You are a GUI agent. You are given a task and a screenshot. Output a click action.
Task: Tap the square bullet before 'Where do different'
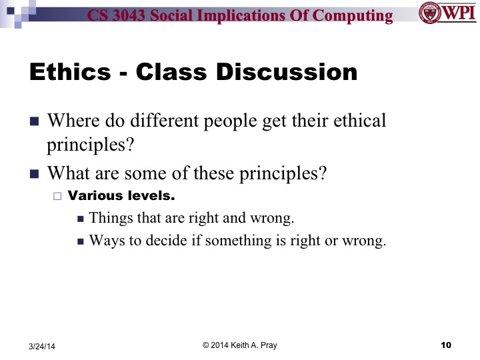coord(35,122)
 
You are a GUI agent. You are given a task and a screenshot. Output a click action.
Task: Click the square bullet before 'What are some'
coord(35,174)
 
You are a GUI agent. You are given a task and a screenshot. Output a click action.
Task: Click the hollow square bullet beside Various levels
coord(57,197)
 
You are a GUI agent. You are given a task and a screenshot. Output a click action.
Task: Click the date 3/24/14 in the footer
coord(42,345)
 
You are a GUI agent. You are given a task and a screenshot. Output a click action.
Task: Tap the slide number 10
coord(447,345)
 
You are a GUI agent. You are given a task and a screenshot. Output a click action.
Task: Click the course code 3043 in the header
coord(130,16)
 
